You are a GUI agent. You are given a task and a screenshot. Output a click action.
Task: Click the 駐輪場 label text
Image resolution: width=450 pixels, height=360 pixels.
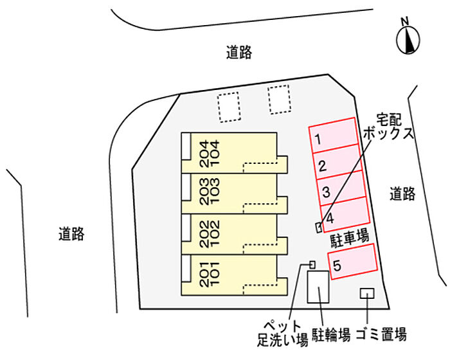point(331,335)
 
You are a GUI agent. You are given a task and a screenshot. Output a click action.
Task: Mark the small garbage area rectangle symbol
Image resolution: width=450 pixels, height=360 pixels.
point(366,293)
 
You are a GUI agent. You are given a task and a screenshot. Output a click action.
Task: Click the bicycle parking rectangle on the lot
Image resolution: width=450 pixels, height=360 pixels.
point(318,287)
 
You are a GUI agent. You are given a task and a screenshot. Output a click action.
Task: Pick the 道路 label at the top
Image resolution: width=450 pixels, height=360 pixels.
point(239,53)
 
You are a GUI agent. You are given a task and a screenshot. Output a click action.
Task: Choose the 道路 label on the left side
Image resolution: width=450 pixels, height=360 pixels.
point(71,233)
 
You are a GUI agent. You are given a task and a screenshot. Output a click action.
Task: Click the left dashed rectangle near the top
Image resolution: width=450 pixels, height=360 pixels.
point(228,106)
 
